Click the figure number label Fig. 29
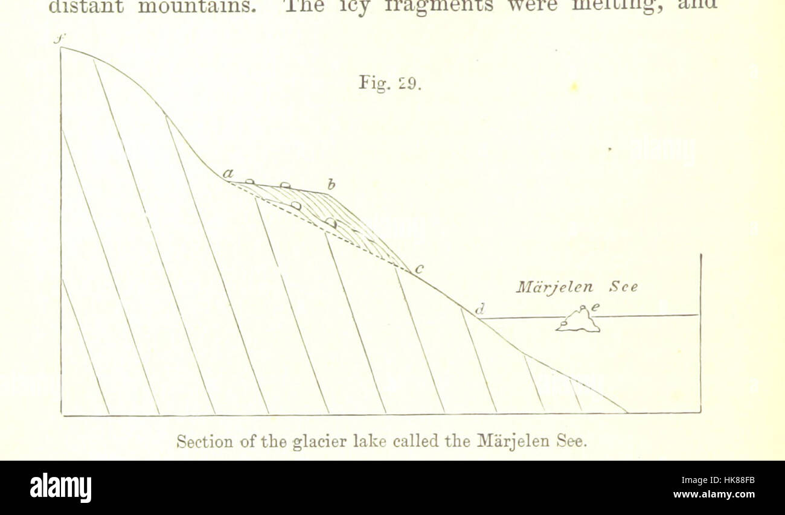pyautogui.click(x=389, y=82)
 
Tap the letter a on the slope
pyautogui.click(x=228, y=174)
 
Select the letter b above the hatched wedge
pyautogui.click(x=331, y=184)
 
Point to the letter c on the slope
pyautogui.click(x=419, y=269)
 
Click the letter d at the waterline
pyautogui.click(x=480, y=310)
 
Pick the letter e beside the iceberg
pyautogui.click(x=595, y=307)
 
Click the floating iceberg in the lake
pyautogui.click(x=578, y=321)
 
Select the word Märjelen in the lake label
pyautogui.click(x=554, y=287)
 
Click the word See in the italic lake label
pyautogui.click(x=623, y=287)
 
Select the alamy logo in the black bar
pyautogui.click(x=60, y=488)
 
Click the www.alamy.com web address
pyautogui.click(x=714, y=494)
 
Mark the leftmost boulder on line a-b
pyautogui.click(x=249, y=181)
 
